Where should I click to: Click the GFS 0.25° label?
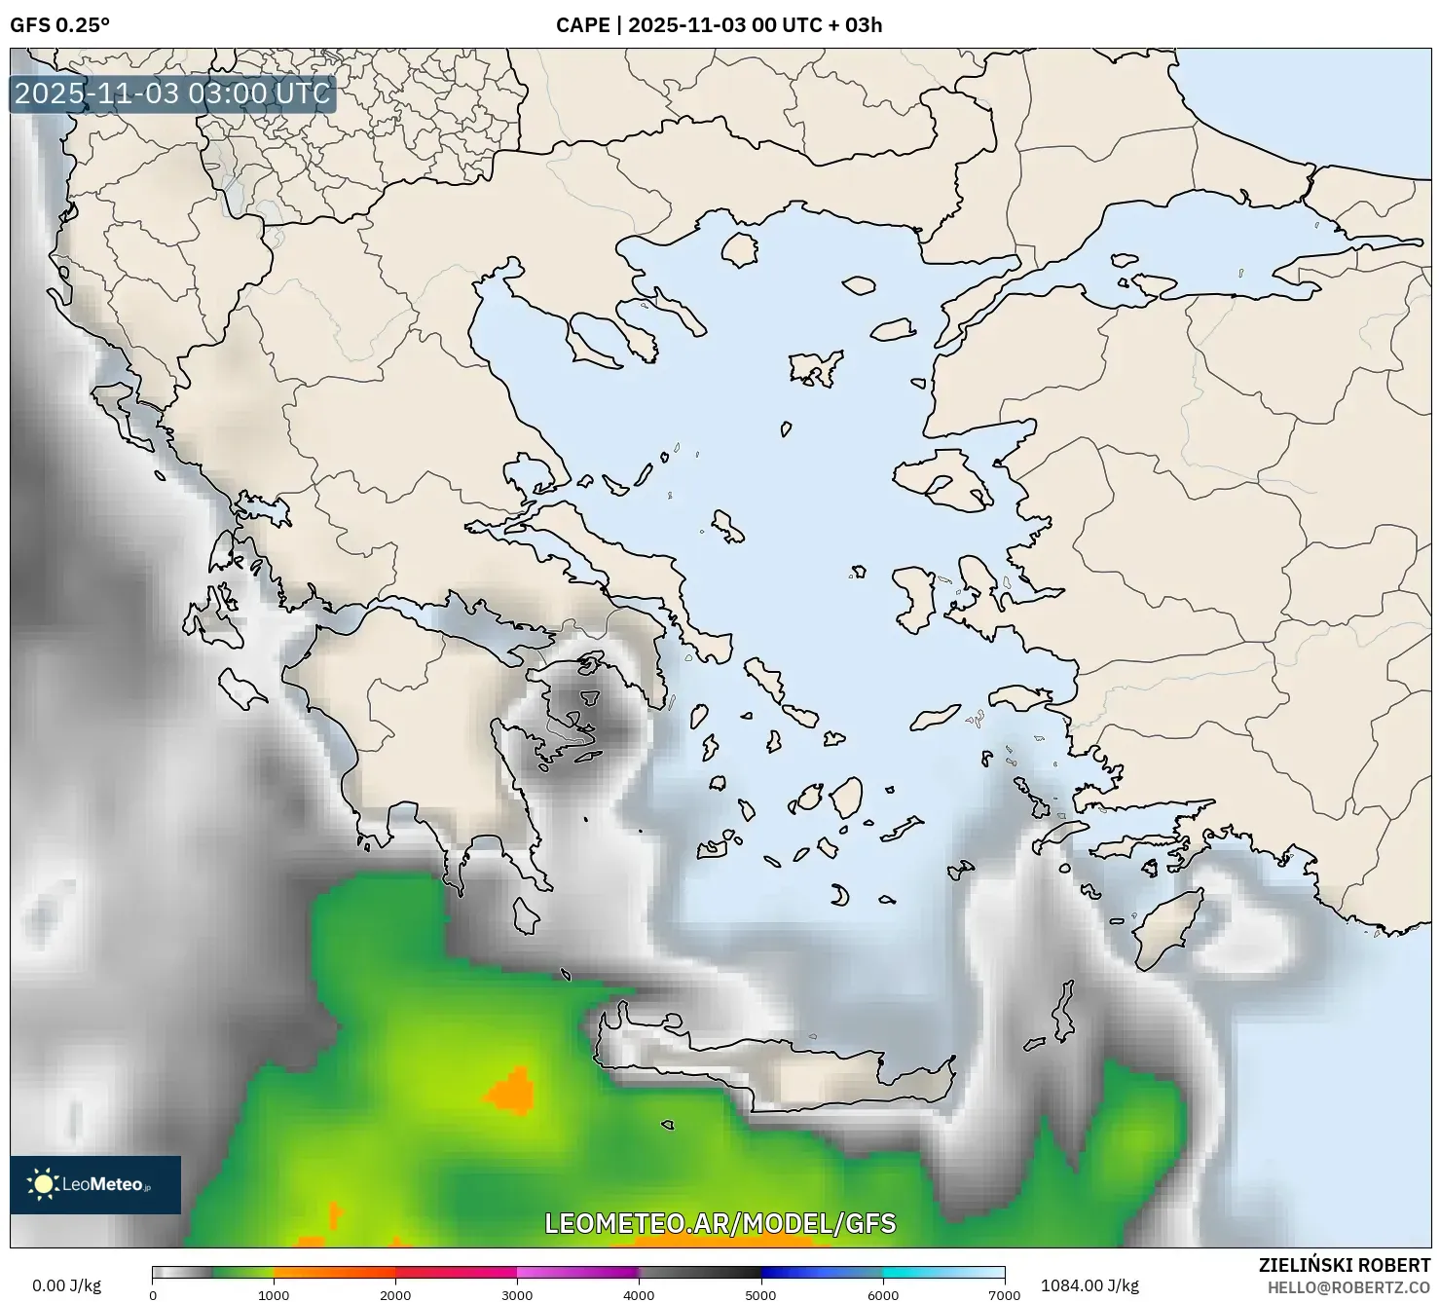click(x=59, y=25)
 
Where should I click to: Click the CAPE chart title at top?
click(x=719, y=25)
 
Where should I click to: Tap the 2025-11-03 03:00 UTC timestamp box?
click(x=172, y=94)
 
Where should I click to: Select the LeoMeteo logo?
click(x=95, y=1184)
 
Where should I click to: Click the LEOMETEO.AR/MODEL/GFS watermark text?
click(x=720, y=1224)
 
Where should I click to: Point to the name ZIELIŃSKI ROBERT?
click(x=1344, y=1266)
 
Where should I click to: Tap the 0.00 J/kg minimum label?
click(x=66, y=1285)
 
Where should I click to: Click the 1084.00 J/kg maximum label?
click(x=1089, y=1285)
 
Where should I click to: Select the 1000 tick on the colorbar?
click(x=274, y=1295)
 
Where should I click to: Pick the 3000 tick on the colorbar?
click(x=517, y=1295)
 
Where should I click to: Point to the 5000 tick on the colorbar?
click(x=760, y=1295)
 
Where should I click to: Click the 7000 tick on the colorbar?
click(x=1004, y=1295)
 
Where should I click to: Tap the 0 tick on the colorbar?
click(x=153, y=1295)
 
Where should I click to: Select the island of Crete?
click(x=779, y=1061)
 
